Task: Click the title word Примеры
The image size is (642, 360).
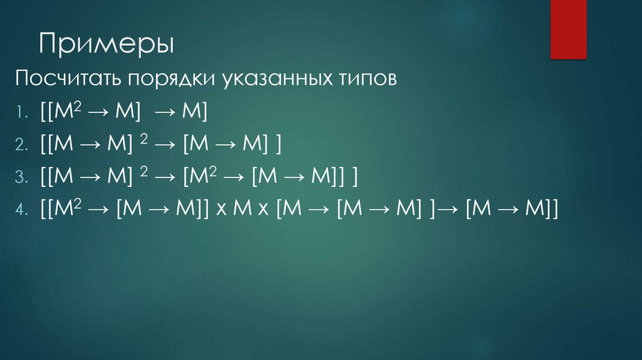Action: (x=107, y=45)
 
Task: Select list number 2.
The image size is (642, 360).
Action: (x=21, y=146)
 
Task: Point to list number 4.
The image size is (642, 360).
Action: (x=21, y=211)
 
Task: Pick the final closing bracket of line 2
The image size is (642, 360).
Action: (x=276, y=146)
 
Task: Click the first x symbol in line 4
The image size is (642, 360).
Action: (x=221, y=211)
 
